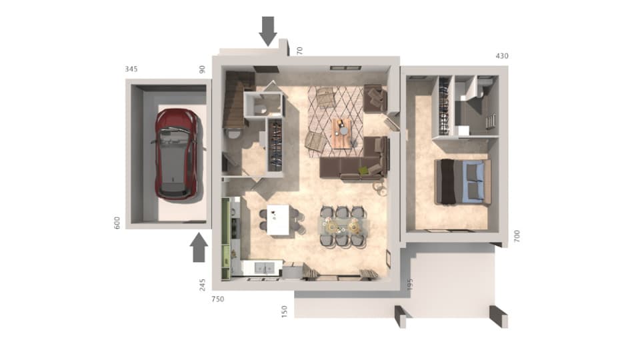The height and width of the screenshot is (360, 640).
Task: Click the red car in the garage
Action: tap(176, 153)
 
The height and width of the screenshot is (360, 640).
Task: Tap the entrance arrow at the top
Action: tap(268, 30)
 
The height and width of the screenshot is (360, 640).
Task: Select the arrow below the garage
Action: tap(199, 248)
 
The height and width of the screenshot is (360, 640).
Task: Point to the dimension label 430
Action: tap(501, 56)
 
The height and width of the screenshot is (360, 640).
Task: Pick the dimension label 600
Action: tap(117, 223)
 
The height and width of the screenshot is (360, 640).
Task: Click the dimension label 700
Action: tap(516, 235)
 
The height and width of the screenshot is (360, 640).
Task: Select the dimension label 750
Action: tap(218, 299)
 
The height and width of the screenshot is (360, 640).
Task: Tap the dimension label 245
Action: tap(203, 285)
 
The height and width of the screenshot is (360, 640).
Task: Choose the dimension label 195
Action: tap(410, 285)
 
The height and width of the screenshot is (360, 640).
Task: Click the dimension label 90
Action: tap(203, 69)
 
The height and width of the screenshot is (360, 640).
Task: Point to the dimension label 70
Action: tap(300, 50)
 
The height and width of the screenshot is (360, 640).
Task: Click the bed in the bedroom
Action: tap(463, 181)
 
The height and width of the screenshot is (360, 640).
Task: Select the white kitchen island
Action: tap(279, 219)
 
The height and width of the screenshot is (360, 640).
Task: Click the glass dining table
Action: tap(342, 225)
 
